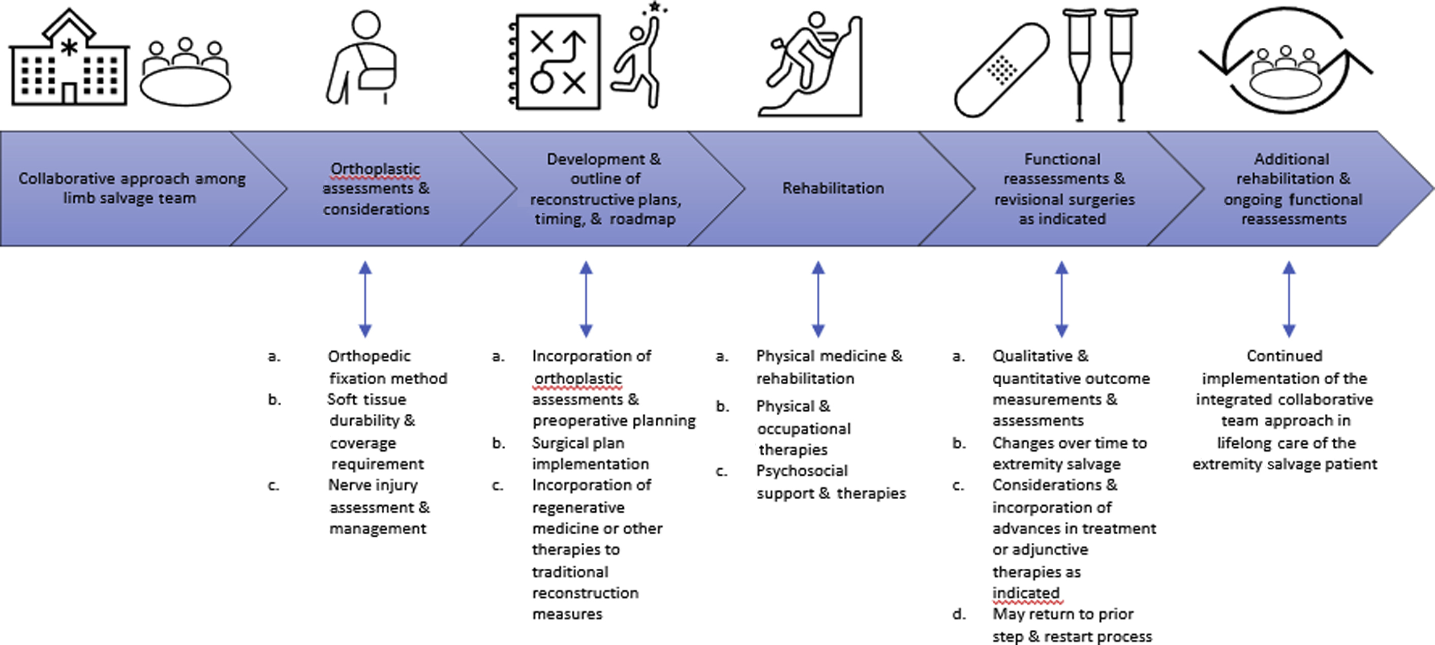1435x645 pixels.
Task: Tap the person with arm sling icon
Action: pyautogui.click(x=362, y=59)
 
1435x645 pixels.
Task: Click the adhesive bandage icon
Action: pyautogui.click(x=1001, y=70)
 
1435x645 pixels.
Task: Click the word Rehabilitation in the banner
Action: pyautogui.click(x=833, y=188)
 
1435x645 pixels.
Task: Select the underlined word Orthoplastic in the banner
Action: pyautogui.click(x=376, y=168)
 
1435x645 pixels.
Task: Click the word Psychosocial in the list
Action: pyautogui.click(x=802, y=471)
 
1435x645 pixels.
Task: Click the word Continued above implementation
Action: pyautogui.click(x=1284, y=356)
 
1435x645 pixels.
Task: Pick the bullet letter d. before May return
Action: pyautogui.click(x=959, y=615)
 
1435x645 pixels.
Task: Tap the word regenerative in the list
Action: pyautogui.click(x=578, y=508)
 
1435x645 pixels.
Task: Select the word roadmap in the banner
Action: pyautogui.click(x=643, y=219)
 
